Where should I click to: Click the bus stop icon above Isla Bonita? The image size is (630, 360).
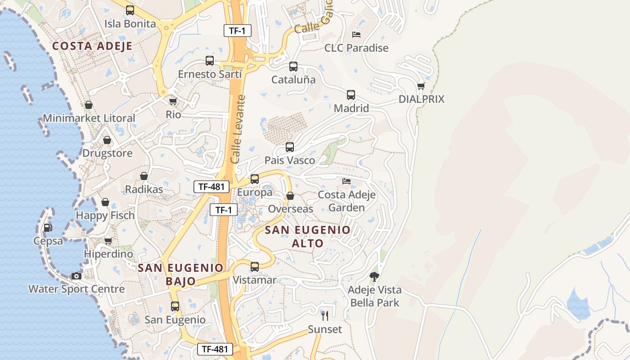coord(130,10)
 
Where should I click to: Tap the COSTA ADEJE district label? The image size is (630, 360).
coord(92,46)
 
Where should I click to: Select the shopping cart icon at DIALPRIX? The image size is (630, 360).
coord(421,85)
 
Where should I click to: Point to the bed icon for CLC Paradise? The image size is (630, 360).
coord(356,34)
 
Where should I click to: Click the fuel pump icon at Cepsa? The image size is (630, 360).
coord(48,228)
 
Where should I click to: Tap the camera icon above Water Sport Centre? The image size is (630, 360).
coord(76,276)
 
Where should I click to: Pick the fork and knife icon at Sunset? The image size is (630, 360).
coord(325,316)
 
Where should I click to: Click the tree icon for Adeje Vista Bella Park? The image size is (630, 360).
coord(374,276)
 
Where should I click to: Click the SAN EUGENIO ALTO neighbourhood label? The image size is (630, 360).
coord(308,237)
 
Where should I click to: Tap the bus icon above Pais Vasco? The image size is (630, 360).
coord(290,147)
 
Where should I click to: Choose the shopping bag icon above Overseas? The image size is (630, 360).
coord(290,196)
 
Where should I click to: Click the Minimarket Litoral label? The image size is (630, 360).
coord(89,118)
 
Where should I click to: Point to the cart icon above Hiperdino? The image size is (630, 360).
coord(108,241)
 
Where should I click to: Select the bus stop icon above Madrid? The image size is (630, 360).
coord(351,95)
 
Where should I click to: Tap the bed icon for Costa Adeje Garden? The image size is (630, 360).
coord(346,181)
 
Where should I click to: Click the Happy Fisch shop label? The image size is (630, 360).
coord(105,216)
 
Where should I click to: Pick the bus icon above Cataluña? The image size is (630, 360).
coord(293,67)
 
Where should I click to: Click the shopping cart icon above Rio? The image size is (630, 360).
coord(173,102)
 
